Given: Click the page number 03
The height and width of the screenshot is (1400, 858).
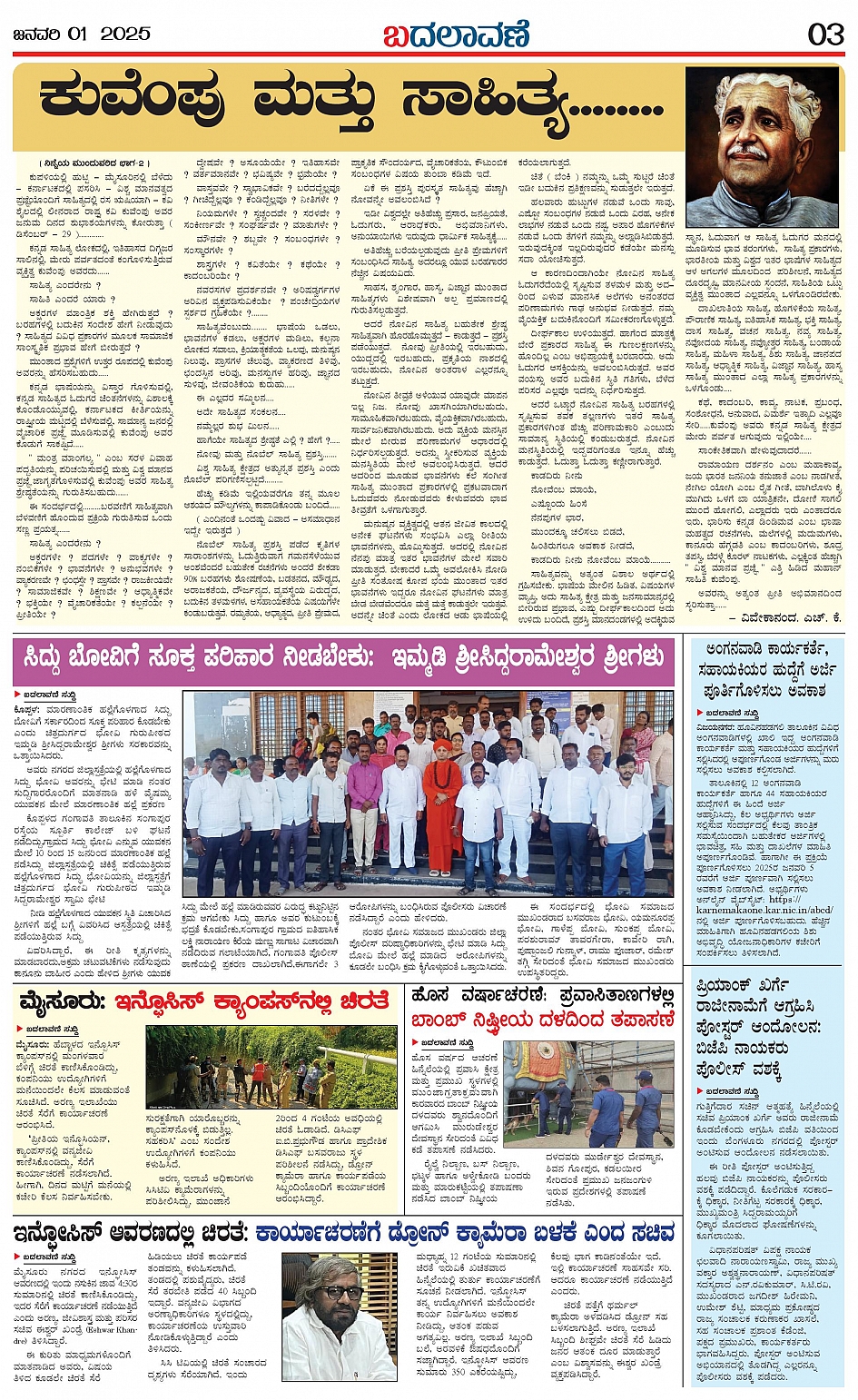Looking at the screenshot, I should point(825,34).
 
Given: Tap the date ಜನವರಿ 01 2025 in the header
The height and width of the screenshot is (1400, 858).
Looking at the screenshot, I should point(81,34).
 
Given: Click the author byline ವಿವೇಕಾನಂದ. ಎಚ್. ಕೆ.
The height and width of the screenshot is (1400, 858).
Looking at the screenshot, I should point(780,617).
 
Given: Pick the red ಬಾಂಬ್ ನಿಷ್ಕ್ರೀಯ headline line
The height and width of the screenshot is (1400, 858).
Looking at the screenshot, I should point(542,1020).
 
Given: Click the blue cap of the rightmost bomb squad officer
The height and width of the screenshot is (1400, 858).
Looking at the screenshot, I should point(644,1075).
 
